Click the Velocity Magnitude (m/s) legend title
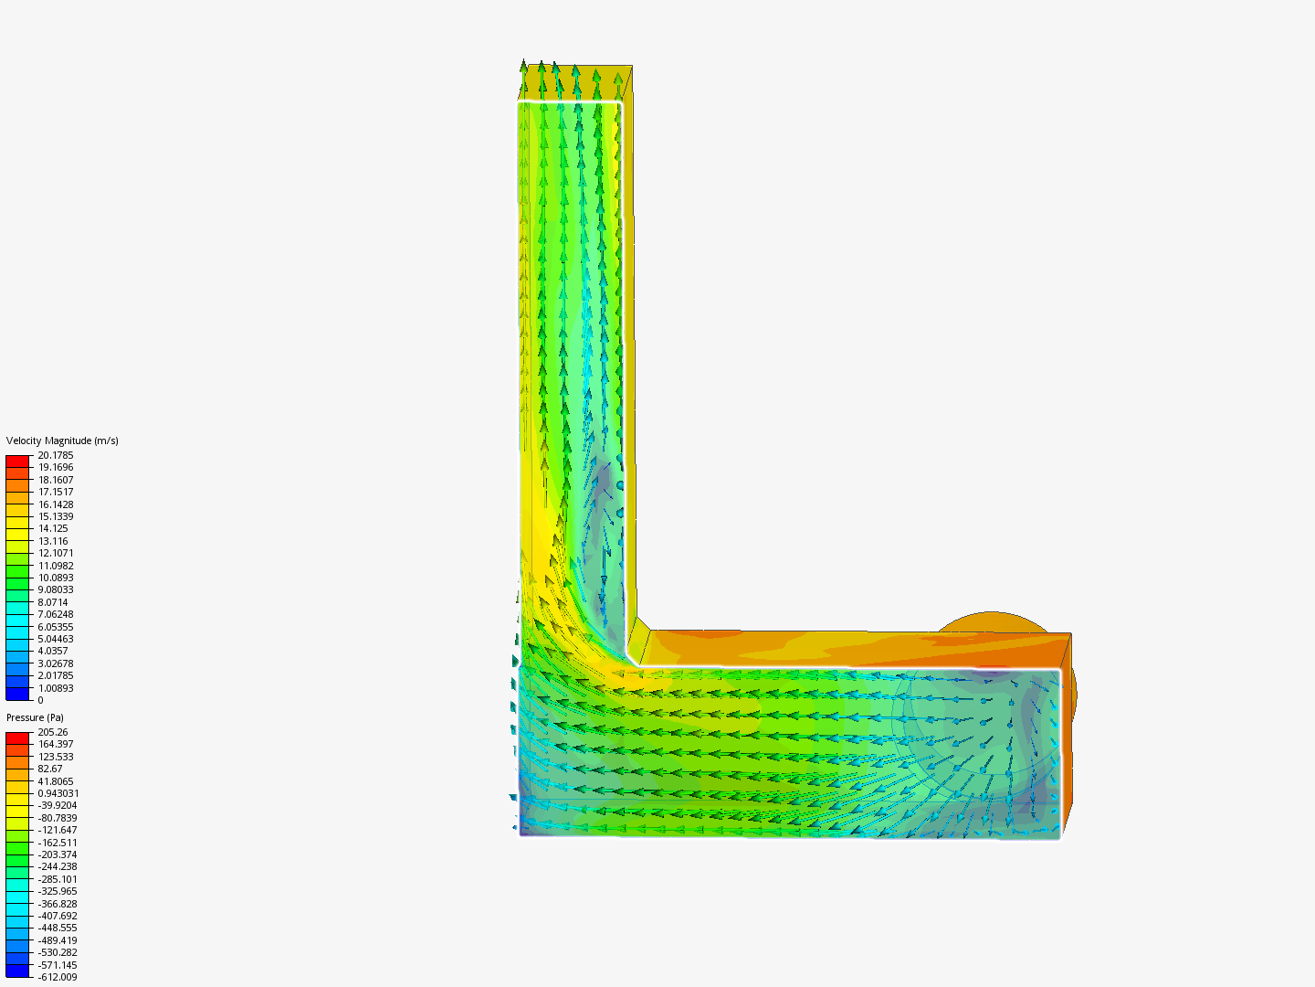62,440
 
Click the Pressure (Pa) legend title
35,717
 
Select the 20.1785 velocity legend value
56,455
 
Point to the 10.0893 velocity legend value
56,578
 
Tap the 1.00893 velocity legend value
56,688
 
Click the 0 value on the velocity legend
41,700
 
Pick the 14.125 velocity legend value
53,528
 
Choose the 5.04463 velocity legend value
56,639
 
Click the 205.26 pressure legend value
53,732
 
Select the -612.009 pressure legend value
58,977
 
